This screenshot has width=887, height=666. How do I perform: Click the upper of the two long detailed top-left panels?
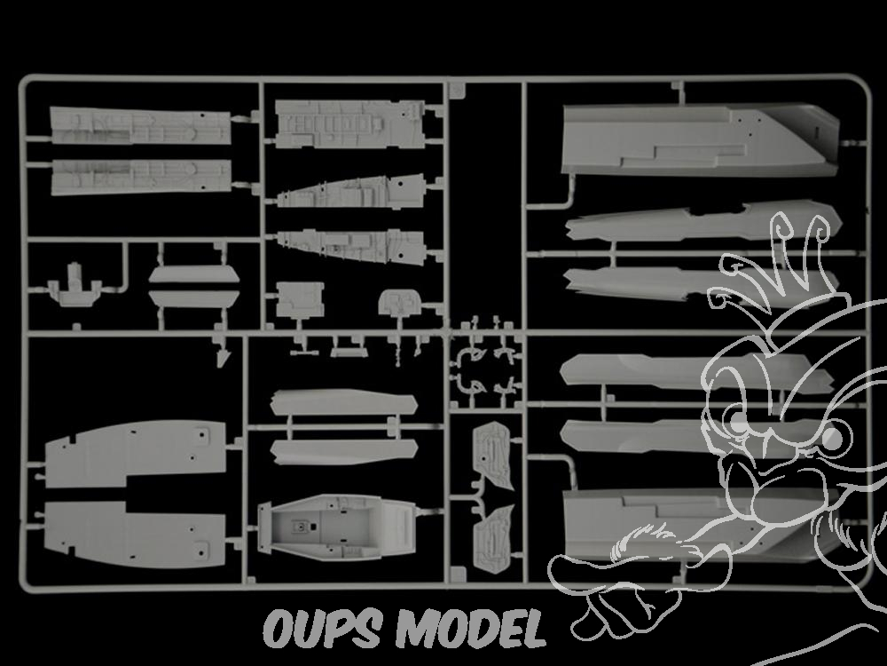[140, 126]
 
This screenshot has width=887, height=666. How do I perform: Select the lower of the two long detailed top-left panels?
[140, 177]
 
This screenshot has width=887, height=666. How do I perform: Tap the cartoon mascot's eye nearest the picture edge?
[834, 438]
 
